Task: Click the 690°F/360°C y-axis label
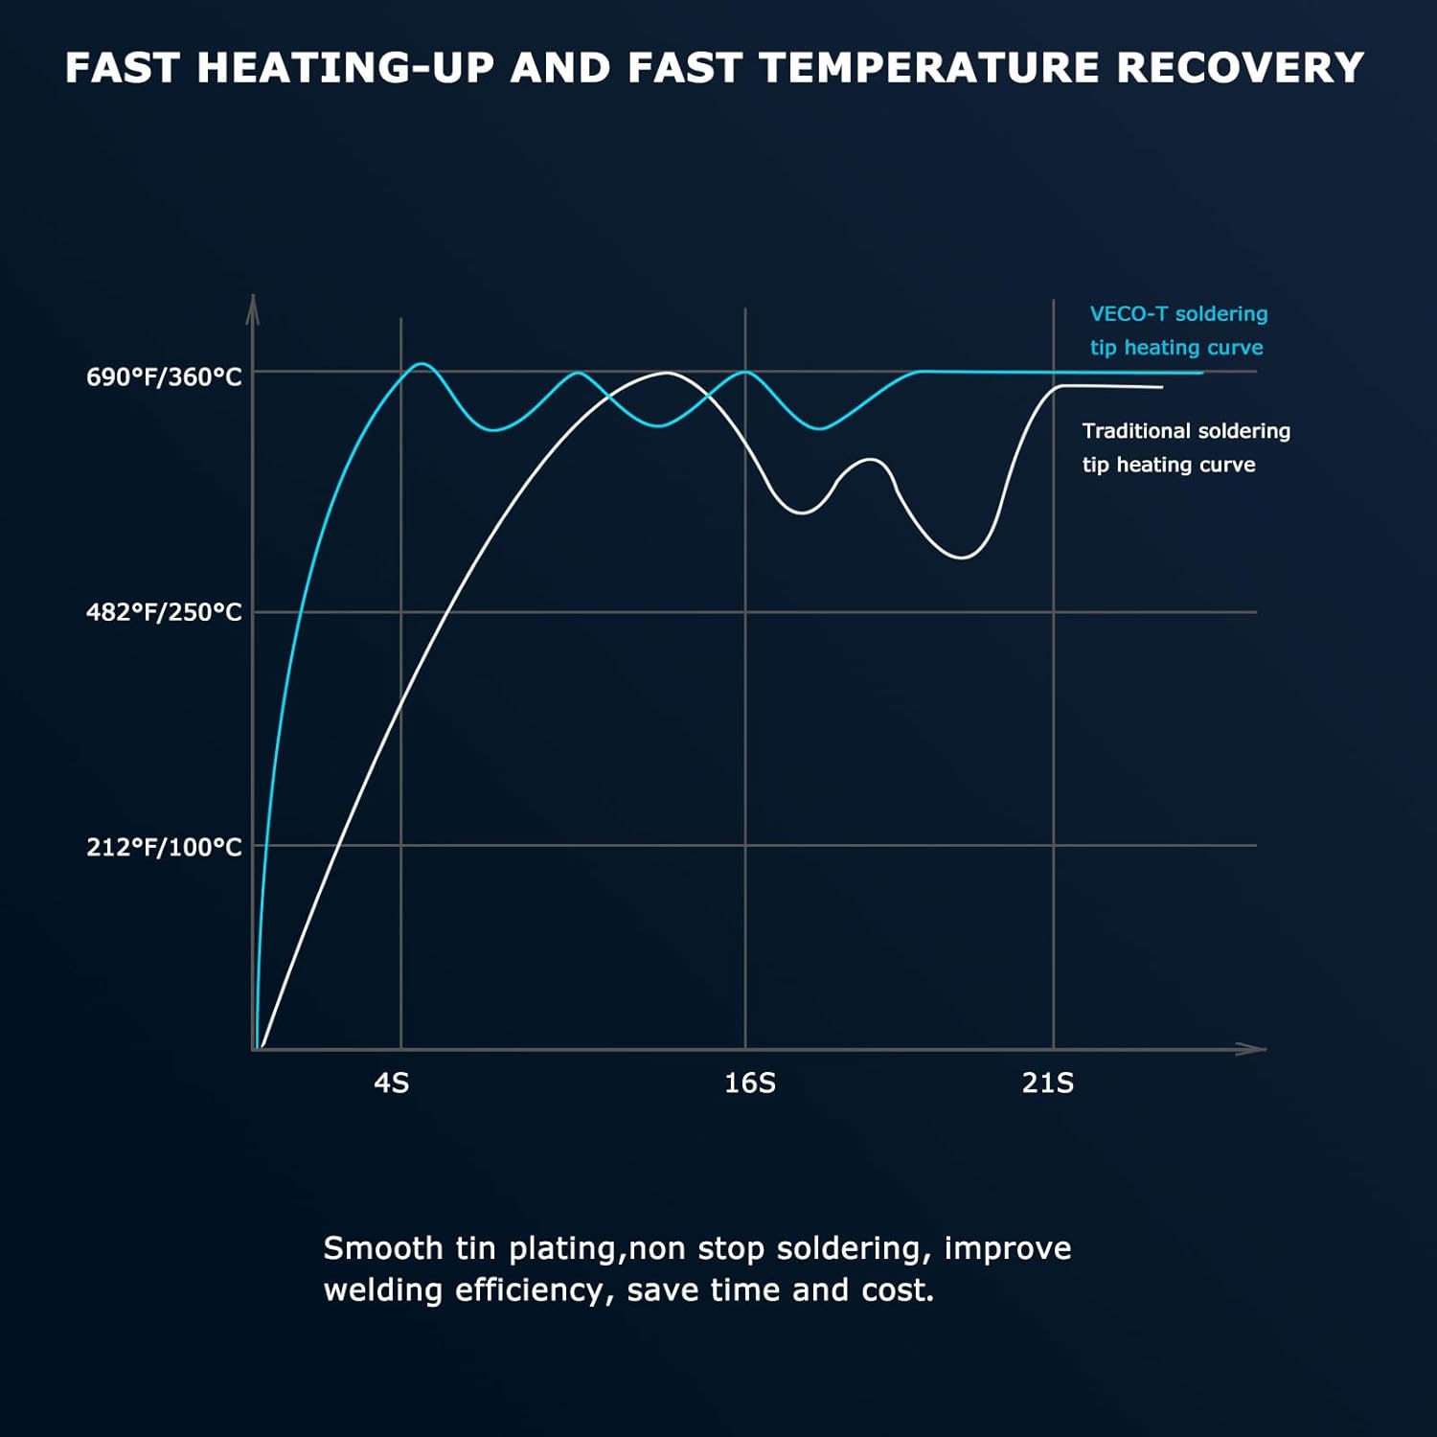pos(164,376)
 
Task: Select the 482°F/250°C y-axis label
pos(164,612)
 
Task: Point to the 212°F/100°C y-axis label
pos(164,847)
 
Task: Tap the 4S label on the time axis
pos(391,1083)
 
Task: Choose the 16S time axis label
pos(749,1083)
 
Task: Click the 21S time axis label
pos(1047,1083)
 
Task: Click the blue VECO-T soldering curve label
pos(1178,331)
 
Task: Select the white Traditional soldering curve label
pos(1186,447)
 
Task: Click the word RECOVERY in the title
pos(1240,68)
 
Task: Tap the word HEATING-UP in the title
pos(346,68)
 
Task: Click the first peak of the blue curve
pos(422,364)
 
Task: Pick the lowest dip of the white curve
pos(962,557)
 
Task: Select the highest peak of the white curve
pos(667,373)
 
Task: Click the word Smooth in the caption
pos(382,1248)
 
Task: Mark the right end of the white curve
pos(1162,387)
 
